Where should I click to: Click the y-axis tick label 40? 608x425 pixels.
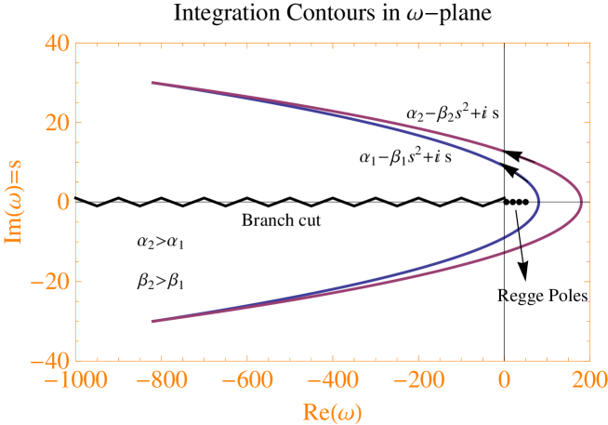pyautogui.click(x=57, y=44)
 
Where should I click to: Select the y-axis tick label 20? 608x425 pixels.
pyautogui.click(x=57, y=123)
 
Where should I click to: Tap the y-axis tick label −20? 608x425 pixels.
pyautogui.click(x=50, y=281)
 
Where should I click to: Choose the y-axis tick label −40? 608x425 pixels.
pyautogui.click(x=50, y=360)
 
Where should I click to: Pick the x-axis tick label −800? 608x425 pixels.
pyautogui.click(x=160, y=380)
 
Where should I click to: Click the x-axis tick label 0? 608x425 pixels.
pyautogui.click(x=504, y=380)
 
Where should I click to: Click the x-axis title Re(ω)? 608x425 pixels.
pyautogui.click(x=333, y=410)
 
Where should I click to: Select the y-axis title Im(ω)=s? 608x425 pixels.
pyautogui.click(x=16, y=202)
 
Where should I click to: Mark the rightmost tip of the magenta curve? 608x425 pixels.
pyautogui.click(x=582, y=201)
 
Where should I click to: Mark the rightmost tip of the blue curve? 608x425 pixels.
pyautogui.click(x=538, y=201)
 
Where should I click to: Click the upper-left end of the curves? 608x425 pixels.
pyautogui.click(x=153, y=83)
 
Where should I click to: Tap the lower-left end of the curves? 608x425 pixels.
pyautogui.click(x=153, y=320)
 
